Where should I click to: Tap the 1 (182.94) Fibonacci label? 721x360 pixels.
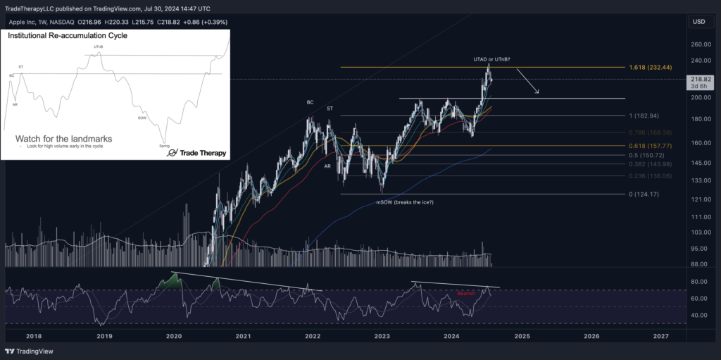[x=644, y=116]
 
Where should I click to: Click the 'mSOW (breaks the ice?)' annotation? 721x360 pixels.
[x=403, y=203]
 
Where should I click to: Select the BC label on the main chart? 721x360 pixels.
[x=310, y=102]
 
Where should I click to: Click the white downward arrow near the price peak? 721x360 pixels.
[x=529, y=81]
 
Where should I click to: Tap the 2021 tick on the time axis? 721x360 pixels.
[x=243, y=337]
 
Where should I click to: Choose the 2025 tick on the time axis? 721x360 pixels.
[x=521, y=337]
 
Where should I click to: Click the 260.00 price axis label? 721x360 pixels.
[x=701, y=44]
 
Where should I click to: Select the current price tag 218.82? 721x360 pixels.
[x=701, y=80]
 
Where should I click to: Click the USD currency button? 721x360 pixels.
[x=698, y=22]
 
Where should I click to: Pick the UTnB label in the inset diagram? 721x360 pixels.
[x=99, y=47]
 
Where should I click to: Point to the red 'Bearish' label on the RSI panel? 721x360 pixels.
[x=466, y=293]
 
